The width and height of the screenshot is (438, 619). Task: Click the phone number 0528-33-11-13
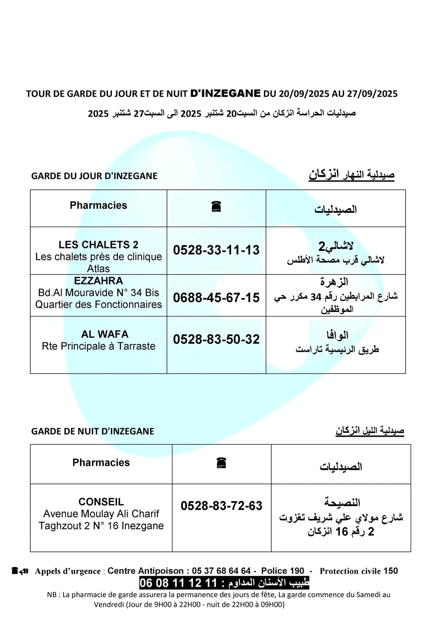click(216, 250)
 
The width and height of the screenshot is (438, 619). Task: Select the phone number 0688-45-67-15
click(216, 298)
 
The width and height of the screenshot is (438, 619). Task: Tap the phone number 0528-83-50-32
click(216, 339)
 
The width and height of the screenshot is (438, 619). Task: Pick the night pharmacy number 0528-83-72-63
click(221, 506)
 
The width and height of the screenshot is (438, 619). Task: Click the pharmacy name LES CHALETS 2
click(98, 245)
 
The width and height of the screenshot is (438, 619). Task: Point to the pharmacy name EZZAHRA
click(98, 281)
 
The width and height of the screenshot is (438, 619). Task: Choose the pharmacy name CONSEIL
click(101, 502)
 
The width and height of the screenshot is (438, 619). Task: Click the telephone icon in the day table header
click(216, 207)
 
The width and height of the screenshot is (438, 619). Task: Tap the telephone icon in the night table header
click(221, 463)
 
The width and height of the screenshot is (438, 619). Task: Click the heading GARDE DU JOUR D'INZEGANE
click(94, 176)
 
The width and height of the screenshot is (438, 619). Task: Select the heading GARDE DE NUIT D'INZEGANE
click(92, 431)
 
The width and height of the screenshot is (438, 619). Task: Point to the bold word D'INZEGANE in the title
click(225, 93)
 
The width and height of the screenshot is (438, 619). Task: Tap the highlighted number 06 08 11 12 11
click(178, 583)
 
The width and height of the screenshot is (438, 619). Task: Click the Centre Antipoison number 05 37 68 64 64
click(221, 571)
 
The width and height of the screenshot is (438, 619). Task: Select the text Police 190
click(282, 571)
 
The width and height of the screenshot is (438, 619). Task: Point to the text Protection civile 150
click(359, 571)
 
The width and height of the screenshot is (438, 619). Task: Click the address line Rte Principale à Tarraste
click(99, 346)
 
